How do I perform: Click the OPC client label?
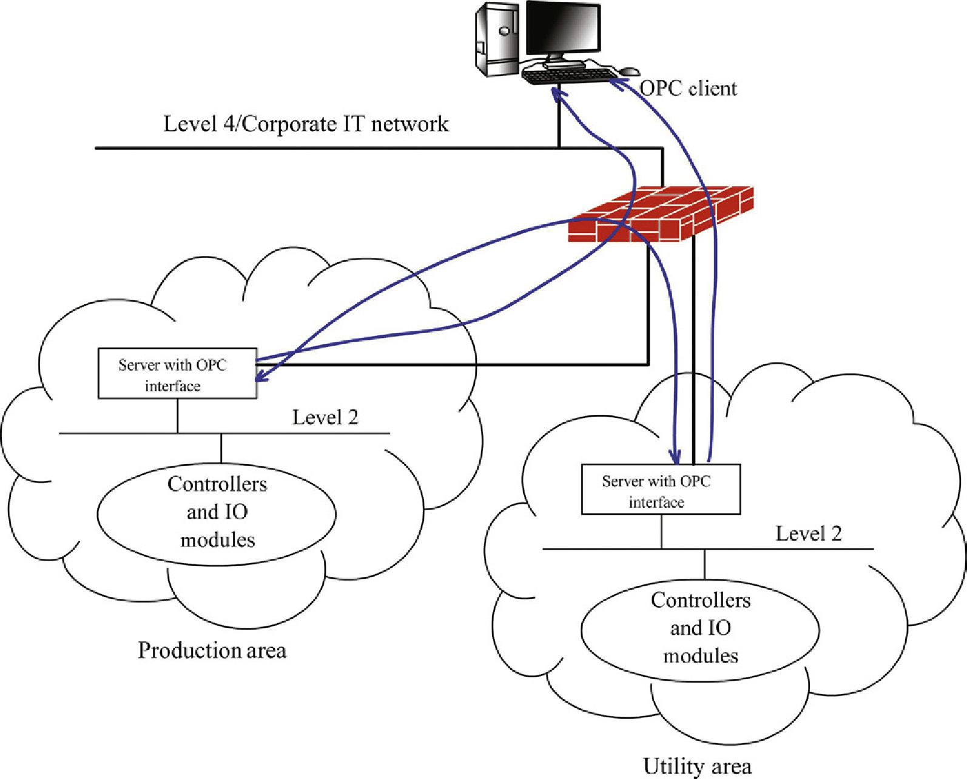689,89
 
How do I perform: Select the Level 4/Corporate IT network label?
306,124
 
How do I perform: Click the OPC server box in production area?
177,373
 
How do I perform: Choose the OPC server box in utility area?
661,490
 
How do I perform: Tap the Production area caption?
212,650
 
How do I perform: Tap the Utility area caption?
697,766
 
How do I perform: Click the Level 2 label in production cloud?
325,417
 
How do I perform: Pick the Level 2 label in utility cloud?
809,534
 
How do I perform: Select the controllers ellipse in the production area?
217,513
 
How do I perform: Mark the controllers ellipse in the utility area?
700,629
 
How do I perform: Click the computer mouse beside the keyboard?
630,72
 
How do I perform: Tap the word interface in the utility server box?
656,502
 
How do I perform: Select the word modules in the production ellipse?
217,540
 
